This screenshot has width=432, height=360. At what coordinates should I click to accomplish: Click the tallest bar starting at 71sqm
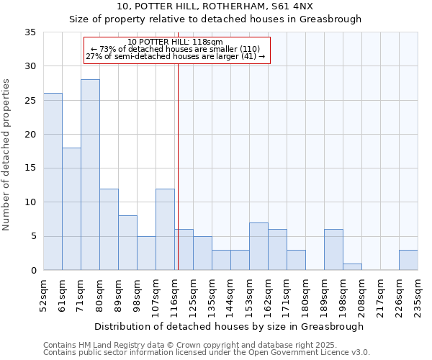(x=90, y=175)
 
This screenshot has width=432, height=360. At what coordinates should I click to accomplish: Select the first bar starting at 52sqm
(x=53, y=181)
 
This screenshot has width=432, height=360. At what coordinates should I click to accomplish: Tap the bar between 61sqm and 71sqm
(x=71, y=209)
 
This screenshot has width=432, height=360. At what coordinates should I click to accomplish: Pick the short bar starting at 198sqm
(x=352, y=266)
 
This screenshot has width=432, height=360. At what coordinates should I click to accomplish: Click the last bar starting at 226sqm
(x=408, y=260)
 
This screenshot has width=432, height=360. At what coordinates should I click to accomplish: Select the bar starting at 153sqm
(x=258, y=246)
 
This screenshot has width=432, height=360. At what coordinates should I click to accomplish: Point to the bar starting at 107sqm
(x=165, y=230)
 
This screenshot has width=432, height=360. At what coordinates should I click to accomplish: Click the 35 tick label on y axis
(x=30, y=32)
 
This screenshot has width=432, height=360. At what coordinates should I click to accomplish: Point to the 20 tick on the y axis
(x=30, y=135)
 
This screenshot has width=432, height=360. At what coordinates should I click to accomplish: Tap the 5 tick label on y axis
(x=33, y=237)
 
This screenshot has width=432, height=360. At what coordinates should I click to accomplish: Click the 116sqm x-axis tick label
(x=174, y=295)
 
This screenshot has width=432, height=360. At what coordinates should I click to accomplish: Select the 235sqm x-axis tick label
(x=418, y=295)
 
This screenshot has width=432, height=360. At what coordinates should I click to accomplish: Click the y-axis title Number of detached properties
(x=7, y=156)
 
